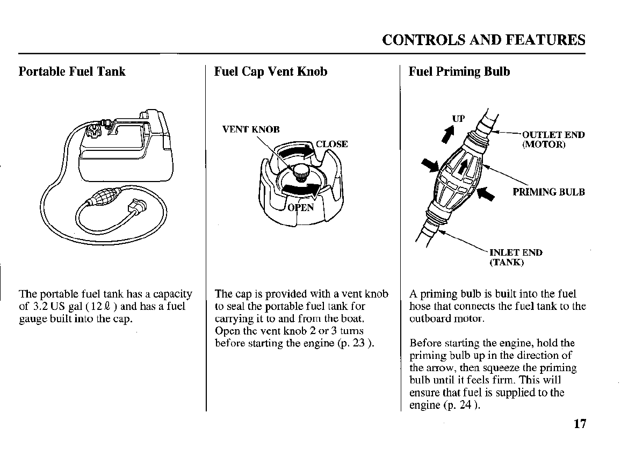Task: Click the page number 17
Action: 579,424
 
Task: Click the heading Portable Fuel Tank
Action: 72,71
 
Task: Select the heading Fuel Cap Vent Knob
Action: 271,71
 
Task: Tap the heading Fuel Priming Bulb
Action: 459,71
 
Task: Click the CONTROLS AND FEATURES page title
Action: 483,40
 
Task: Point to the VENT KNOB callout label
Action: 251,129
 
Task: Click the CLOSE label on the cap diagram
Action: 331,144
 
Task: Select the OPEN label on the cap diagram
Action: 300,208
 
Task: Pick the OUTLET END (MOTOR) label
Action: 553,140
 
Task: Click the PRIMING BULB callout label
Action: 548,192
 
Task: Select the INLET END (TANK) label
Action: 515,257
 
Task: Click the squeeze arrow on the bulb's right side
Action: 485,192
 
